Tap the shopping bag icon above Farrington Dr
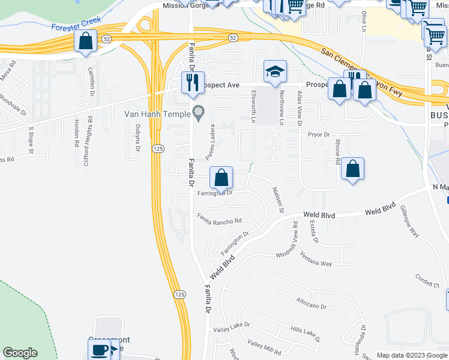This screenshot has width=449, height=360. point(221,177)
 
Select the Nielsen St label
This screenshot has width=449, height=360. point(277,199)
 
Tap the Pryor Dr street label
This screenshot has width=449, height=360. point(319,136)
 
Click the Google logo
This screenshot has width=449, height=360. point(20,353)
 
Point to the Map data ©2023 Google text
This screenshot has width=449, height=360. point(411,355)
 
